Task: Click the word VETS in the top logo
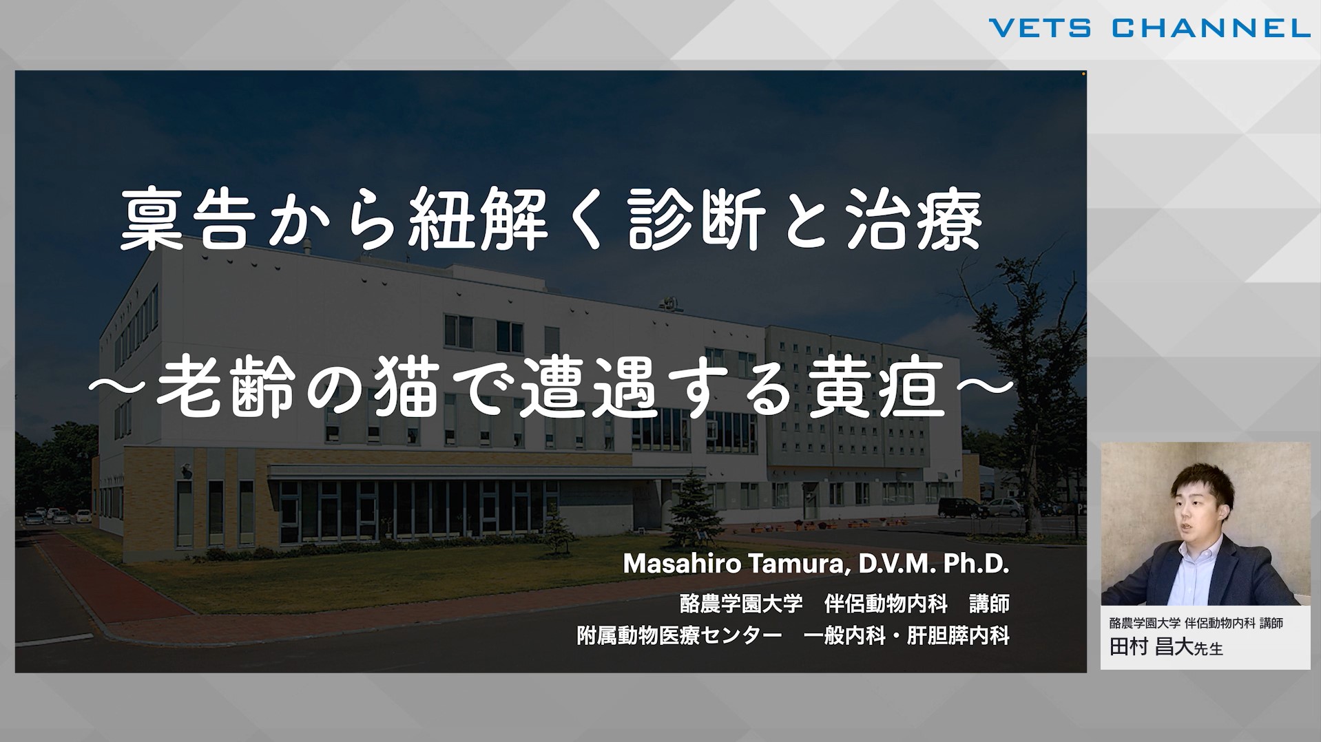1040,28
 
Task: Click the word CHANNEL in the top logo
1211,28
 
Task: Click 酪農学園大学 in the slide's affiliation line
741,604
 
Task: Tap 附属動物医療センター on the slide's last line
679,635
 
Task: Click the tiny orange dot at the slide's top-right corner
1083,73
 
